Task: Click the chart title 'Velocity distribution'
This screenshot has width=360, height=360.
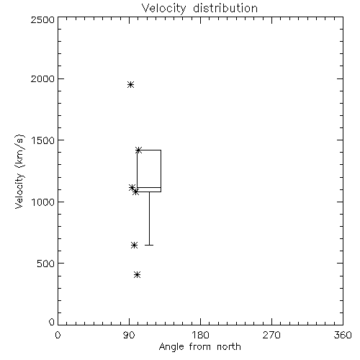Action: pos(199,9)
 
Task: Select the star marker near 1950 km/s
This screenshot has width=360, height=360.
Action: pos(130,84)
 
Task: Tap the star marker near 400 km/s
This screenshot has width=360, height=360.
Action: pos(137,274)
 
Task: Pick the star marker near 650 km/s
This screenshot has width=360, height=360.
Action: pos(134,245)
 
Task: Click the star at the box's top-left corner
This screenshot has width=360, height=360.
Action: pos(138,150)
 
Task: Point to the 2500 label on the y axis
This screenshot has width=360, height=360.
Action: pos(42,19)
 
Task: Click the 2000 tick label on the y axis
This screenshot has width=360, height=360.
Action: pos(42,78)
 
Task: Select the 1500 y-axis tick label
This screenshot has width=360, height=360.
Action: pos(43,140)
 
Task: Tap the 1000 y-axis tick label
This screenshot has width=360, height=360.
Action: pos(43,202)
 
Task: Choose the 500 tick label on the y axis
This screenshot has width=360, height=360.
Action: pos(46,264)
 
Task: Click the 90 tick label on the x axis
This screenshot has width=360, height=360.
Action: pos(129,335)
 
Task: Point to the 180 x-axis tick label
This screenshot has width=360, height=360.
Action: pos(199,335)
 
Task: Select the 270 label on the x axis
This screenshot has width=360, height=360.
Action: pos(271,335)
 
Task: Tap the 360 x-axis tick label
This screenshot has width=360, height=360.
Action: pos(343,335)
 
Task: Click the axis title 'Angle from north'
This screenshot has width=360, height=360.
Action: pos(199,347)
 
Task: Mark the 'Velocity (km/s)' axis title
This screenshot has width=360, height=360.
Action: pos(19,171)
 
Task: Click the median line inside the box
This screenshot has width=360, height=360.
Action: pos(149,187)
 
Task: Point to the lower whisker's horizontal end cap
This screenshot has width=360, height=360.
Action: pos(149,245)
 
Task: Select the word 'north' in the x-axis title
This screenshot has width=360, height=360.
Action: pos(229,346)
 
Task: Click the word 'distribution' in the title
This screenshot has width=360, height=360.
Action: pos(225,9)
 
